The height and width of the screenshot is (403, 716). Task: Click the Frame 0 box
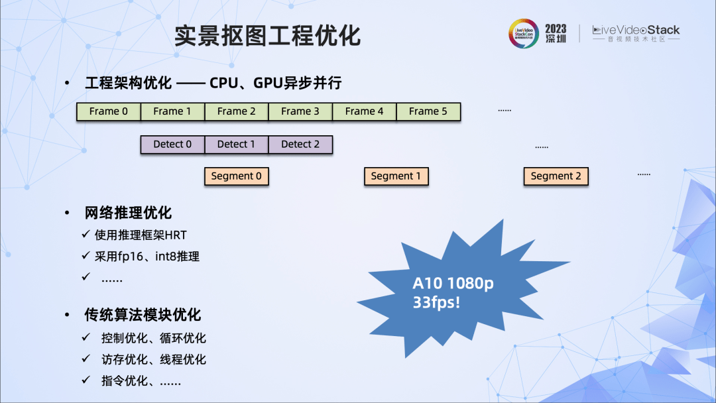109,111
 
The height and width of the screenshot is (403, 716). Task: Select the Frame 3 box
300,111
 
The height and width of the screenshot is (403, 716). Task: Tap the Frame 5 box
428,111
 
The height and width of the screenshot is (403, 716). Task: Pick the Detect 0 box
172,144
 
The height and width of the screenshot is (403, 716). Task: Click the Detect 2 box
300,144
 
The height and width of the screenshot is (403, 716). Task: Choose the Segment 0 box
237,176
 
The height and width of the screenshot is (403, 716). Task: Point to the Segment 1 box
396,176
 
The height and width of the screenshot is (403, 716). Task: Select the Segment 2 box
556,176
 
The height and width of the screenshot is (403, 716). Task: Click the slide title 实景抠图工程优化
268,35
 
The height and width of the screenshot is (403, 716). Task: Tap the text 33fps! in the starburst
438,303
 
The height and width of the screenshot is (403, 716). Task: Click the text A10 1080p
453,284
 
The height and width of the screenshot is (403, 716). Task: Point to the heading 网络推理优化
128,213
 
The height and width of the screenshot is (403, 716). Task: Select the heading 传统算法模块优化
143,315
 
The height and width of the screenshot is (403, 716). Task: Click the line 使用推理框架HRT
141,235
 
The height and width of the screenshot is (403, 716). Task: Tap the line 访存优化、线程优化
154,359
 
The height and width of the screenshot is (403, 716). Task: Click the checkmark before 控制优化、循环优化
86,337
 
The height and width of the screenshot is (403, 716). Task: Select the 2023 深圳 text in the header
556,33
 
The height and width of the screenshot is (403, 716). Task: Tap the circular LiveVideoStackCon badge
524,33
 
